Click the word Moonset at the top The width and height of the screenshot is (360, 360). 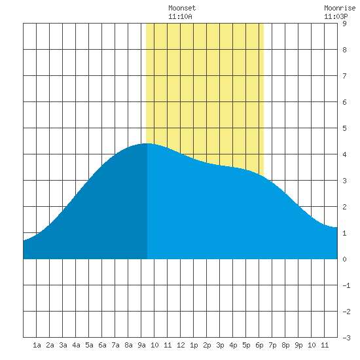182,8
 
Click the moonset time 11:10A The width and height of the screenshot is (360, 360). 180,16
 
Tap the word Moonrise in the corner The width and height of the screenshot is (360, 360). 340,8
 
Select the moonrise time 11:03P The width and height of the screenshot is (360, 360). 336,16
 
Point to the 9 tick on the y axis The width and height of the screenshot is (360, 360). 344,24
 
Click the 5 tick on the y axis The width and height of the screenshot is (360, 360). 344,128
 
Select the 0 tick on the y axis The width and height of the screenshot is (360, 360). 344,259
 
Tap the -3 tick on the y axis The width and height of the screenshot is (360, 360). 346,338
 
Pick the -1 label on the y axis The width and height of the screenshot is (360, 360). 346,285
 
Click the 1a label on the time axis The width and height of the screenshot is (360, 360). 37,345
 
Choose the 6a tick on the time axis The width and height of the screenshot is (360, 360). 102,345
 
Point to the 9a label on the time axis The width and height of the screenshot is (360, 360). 141,345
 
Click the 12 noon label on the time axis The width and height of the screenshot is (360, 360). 181,345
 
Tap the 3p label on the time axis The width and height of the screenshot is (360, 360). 220,345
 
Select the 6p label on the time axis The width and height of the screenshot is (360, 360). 259,345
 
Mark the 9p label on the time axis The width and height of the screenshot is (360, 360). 298,345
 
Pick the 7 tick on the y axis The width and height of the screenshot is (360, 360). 344,76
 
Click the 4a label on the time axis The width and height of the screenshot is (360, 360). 76,345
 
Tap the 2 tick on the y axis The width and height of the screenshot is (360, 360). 344,207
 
